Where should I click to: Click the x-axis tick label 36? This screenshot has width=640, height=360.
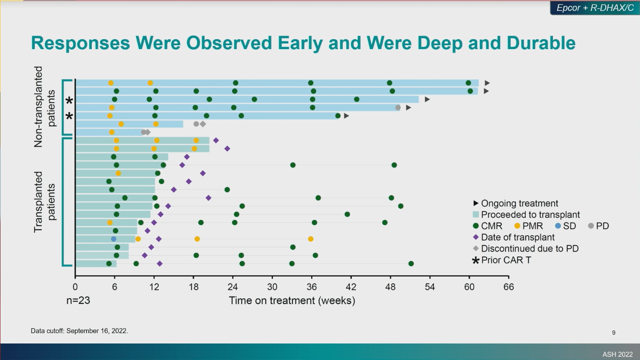pos(312,287)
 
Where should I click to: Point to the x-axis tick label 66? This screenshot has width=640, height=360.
pos(509,287)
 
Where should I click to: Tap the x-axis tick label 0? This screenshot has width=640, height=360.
pos(75,287)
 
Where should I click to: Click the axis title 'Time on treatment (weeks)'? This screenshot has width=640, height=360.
pos(292,300)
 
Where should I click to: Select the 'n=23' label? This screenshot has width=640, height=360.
pos(78,300)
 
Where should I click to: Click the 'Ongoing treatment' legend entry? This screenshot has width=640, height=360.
pos(519,203)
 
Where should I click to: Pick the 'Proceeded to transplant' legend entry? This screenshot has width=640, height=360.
pos(530,215)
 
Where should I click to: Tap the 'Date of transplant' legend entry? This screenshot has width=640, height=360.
pos(518,237)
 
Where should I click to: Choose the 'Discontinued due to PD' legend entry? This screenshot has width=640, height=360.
pos(529,249)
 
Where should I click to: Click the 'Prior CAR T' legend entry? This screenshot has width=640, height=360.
pos(506,260)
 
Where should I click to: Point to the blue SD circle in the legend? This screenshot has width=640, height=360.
pos(558,226)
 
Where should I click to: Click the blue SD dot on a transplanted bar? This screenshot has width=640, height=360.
pos(114,239)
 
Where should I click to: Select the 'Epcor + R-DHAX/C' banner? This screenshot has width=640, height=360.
pos(595,8)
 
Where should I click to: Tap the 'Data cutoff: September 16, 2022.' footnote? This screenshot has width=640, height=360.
pos(79,331)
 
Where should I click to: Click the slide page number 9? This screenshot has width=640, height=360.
pos(613,333)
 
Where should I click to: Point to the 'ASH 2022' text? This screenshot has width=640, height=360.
pos(617,354)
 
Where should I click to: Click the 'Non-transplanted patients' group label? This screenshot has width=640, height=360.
pos(45,107)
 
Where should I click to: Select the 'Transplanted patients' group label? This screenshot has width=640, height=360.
pos(45,202)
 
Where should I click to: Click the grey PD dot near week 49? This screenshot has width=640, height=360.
pos(398,107)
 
